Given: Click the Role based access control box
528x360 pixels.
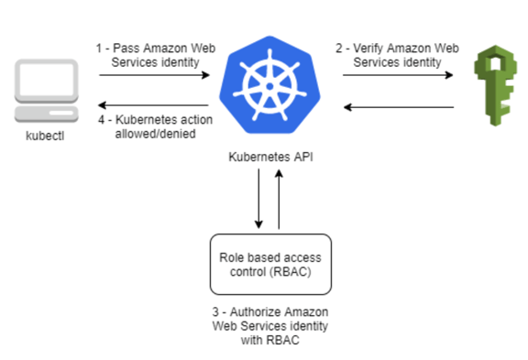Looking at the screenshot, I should [x=270, y=262].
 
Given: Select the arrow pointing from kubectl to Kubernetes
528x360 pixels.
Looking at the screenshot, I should [x=155, y=77].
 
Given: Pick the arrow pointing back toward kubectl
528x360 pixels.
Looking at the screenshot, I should [x=155, y=106].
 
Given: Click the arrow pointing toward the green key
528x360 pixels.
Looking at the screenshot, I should [x=399, y=77].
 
